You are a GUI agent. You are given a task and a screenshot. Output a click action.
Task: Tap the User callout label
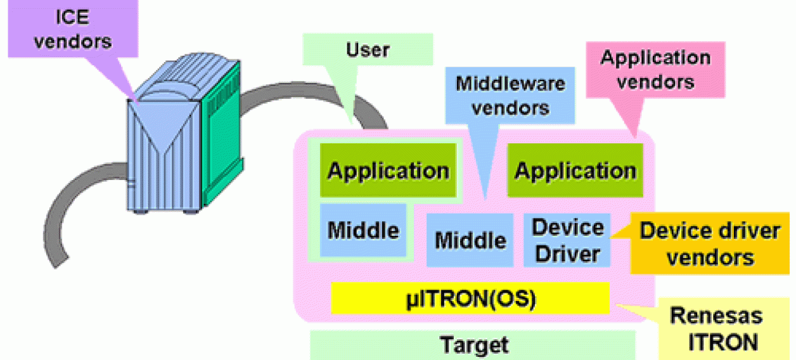click(x=368, y=49)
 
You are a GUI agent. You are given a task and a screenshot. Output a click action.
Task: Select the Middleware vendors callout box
click(x=510, y=95)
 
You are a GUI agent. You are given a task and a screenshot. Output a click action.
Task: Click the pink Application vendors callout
click(x=655, y=70)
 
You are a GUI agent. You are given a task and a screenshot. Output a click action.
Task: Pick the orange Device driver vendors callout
click(x=710, y=244)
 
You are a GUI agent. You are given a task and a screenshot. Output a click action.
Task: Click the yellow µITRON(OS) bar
click(x=470, y=299)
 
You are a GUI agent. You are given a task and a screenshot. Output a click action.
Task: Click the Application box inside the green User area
click(x=387, y=170)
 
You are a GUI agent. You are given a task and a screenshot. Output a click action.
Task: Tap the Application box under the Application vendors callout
click(x=575, y=170)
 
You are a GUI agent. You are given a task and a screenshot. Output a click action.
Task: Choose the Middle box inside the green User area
click(x=363, y=230)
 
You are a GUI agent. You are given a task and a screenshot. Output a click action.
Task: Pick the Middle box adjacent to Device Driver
click(x=470, y=240)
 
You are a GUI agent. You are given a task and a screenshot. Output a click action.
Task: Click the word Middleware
click(x=510, y=83)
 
